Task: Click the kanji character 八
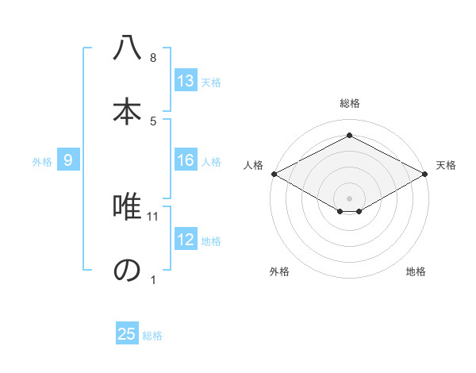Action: [127, 48]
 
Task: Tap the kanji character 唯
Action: [127, 208]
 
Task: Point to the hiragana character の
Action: [127, 271]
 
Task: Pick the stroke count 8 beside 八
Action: [153, 58]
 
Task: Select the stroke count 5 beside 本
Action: [153, 121]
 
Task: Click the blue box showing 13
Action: [186, 81]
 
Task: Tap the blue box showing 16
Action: [186, 160]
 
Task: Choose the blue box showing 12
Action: [186, 240]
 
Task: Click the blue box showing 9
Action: [69, 160]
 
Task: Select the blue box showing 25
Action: [127, 334]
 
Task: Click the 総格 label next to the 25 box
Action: [152, 336]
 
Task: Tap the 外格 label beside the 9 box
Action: [42, 161]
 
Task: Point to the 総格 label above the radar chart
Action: [349, 103]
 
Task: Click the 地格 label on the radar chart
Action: [416, 271]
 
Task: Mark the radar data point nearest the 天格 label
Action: [426, 174]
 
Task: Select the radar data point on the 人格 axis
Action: [273, 174]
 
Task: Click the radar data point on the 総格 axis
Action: [349, 136]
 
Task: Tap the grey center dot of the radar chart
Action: [349, 197]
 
